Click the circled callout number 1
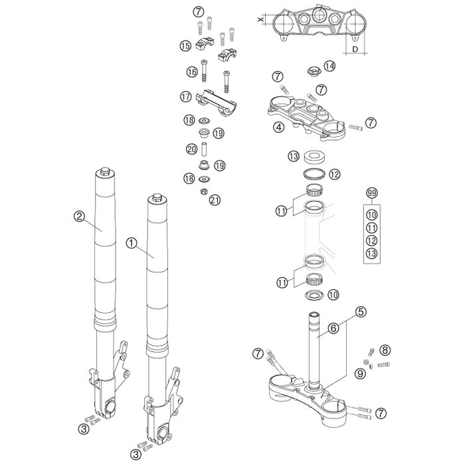tap(132, 244)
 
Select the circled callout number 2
tap(79, 215)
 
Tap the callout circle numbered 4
tap(279, 126)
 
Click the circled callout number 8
tap(386, 349)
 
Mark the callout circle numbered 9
tap(378, 373)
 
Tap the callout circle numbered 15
tap(185, 46)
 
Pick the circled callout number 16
tap(191, 72)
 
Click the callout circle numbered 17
tap(185, 97)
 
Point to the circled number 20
tap(191, 149)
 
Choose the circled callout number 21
tap(214, 200)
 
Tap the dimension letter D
tap(355, 49)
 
